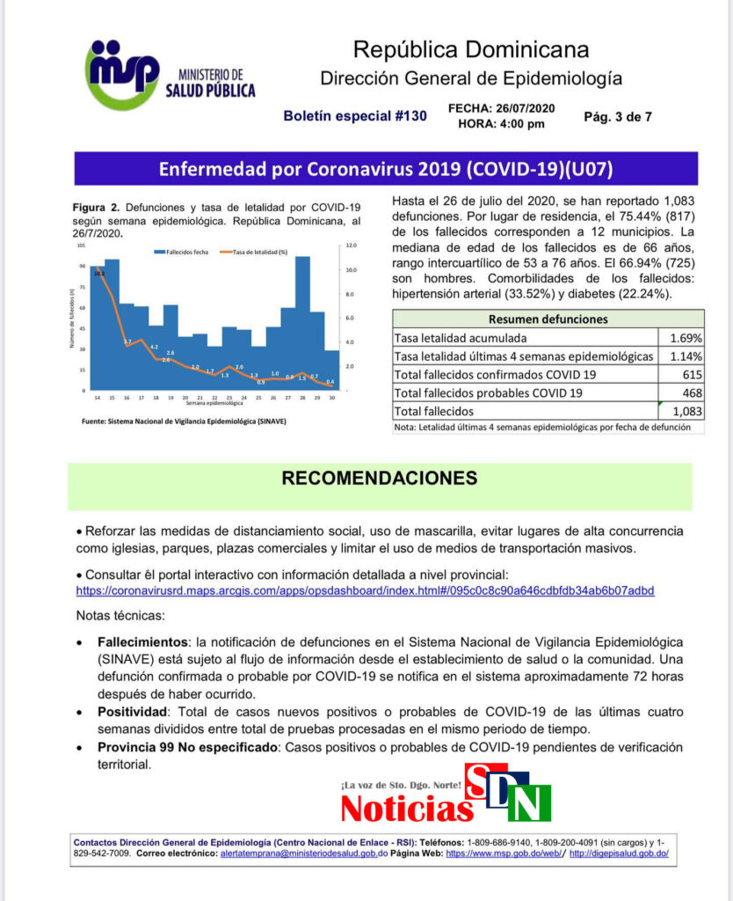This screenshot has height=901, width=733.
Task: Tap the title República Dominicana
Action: point(470,48)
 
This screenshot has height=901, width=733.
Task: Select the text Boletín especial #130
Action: point(354,115)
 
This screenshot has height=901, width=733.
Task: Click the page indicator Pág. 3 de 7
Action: point(618,115)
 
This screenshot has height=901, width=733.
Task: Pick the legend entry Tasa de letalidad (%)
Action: point(261,252)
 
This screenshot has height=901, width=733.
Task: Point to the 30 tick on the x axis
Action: point(330,398)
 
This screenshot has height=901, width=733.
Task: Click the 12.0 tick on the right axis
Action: point(350,245)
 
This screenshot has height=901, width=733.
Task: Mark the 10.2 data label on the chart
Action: point(98,274)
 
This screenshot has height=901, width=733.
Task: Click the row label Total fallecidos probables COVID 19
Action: point(489,392)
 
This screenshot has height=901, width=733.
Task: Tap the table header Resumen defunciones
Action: point(548,319)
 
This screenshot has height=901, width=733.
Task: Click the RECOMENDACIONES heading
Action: point(379,478)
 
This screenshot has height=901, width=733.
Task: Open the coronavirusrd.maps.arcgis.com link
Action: point(365,590)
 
